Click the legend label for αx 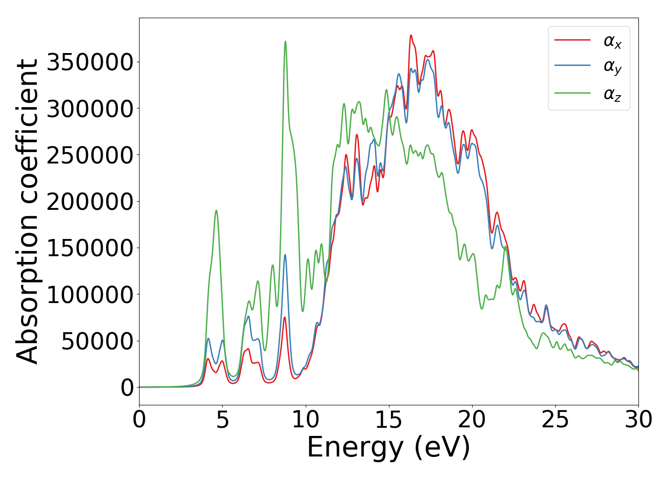click(612, 42)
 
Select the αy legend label click(612, 67)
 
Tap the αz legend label click(612, 94)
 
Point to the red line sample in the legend click(572, 40)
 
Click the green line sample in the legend click(572, 92)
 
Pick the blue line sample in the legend click(572, 66)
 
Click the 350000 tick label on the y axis click(89, 62)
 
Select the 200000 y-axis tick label click(89, 202)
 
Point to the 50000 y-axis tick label click(97, 341)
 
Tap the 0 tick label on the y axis click(127, 388)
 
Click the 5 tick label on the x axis click(223, 420)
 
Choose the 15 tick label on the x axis click(389, 420)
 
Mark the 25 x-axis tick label click(555, 420)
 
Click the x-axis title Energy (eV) click(388, 448)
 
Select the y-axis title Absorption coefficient click(27, 212)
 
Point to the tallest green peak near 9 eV click(285, 42)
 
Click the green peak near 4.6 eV click(216, 210)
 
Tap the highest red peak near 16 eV click(410, 35)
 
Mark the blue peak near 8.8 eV click(285, 255)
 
